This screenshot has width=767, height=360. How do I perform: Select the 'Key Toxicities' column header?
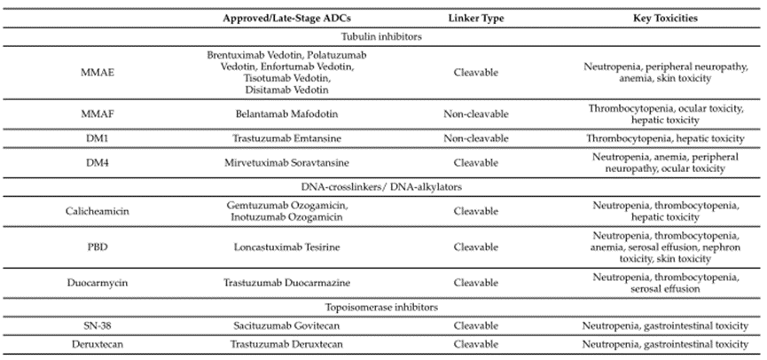[x=664, y=19]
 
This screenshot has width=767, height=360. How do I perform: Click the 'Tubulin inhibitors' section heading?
[x=383, y=36]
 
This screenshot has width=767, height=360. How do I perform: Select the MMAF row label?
[x=91, y=113]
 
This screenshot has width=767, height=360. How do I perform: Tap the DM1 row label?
[x=91, y=138]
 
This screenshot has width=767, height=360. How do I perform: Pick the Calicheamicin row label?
[x=91, y=211]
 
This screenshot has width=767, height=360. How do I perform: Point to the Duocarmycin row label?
[x=91, y=284]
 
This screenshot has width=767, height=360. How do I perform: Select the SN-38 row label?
[x=91, y=326]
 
